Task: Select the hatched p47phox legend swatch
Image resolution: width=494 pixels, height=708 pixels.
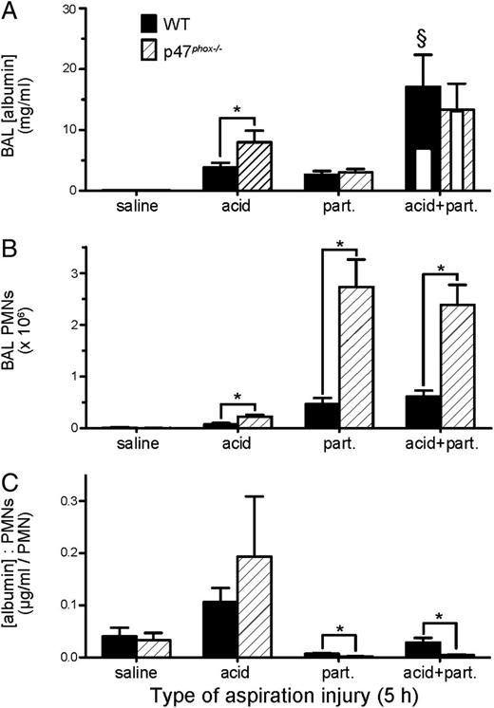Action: [148, 47]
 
